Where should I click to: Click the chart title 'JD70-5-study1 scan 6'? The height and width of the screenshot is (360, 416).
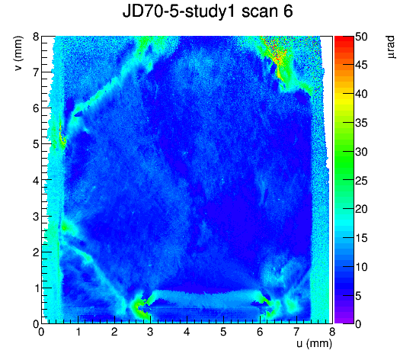(207, 11)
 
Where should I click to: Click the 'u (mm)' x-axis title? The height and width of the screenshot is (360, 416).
(315, 344)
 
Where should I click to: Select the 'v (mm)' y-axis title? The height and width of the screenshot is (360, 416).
(18, 53)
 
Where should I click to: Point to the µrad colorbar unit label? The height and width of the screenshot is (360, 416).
(391, 47)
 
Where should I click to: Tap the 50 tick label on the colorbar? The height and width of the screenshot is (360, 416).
(361, 37)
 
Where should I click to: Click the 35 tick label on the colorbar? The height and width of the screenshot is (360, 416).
(361, 123)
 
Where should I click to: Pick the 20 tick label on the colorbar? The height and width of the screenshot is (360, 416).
(361, 209)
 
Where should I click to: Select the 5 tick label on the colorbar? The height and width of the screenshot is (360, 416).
(358, 296)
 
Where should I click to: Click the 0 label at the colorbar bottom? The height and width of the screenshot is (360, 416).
(358, 324)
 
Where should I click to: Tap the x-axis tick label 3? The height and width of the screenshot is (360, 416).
(150, 332)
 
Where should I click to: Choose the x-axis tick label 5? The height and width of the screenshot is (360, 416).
(223, 332)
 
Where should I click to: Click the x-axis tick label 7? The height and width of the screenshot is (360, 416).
(296, 332)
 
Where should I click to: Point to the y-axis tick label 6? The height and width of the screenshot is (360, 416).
(36, 108)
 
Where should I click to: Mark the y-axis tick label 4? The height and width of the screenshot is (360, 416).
(36, 180)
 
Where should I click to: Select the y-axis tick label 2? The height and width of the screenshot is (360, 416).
(36, 252)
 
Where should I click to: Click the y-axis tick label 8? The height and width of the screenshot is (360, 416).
(36, 37)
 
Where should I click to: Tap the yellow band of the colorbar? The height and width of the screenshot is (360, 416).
(344, 100)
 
